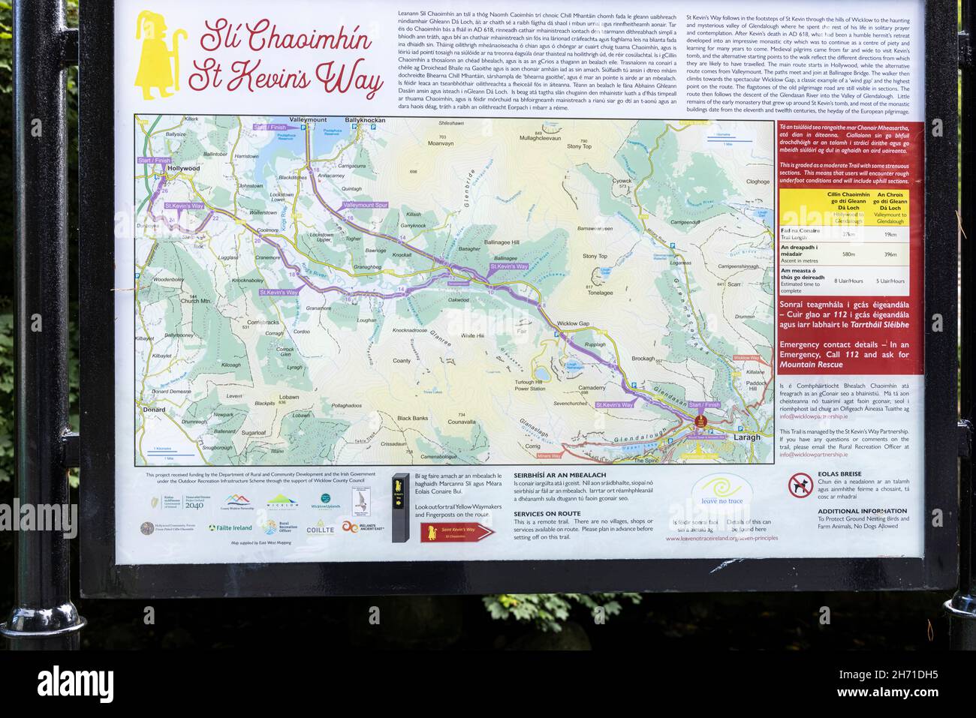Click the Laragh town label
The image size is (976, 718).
point(746,437)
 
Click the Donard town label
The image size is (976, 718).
point(152,410)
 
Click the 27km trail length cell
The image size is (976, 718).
point(849,234)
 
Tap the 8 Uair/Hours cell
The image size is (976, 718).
point(849,281)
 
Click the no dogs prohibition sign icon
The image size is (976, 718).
point(800,485)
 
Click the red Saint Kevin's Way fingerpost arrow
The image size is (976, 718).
point(457,532)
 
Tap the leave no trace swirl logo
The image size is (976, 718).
point(721,490)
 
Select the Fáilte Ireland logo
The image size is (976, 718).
point(230,527)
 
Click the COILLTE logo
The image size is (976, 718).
point(320,530)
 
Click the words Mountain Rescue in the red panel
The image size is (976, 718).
point(811,365)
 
